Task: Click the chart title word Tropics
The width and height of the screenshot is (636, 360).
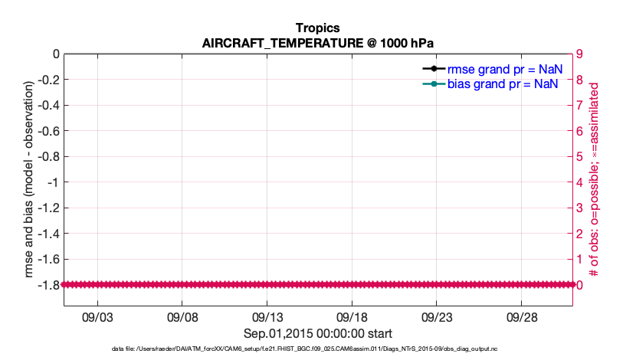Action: click(317, 28)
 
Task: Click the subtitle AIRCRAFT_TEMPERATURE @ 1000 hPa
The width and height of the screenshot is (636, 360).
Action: click(317, 43)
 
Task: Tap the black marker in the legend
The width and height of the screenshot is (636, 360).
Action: click(434, 69)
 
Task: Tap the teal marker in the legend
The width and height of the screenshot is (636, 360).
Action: click(434, 83)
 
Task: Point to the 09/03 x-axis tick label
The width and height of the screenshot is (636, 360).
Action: click(98, 316)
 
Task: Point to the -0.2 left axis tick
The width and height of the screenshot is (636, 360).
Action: click(48, 80)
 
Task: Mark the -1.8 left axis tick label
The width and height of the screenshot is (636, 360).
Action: click(48, 285)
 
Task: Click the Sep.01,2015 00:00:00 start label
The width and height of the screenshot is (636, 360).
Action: click(317, 333)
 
